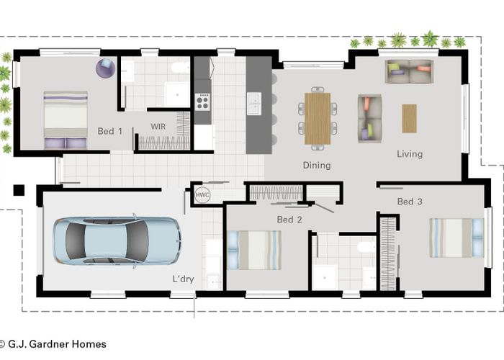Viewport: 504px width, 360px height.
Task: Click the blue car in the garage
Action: [x=116, y=240]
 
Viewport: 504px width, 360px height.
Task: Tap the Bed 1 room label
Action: [x=109, y=132]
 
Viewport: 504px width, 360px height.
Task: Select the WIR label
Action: [x=158, y=126]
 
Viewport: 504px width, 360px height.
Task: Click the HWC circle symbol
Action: [x=202, y=194]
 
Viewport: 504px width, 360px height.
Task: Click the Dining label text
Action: [x=316, y=165]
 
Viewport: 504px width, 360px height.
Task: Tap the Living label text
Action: [x=410, y=153]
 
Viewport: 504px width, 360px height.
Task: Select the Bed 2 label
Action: [x=289, y=219]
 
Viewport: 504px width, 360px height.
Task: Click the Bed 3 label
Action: [x=410, y=202]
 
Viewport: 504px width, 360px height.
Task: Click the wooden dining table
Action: [x=318, y=118]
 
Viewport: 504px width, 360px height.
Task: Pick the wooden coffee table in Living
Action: [x=409, y=118]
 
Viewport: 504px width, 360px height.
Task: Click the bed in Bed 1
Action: [x=66, y=120]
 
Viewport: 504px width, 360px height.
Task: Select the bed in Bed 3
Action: [x=456, y=237]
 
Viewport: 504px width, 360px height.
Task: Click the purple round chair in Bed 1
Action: [x=105, y=68]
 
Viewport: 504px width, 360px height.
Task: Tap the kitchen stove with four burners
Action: [x=202, y=102]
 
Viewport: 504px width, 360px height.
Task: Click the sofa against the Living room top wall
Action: [x=408, y=71]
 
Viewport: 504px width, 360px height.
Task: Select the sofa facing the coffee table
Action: [x=369, y=118]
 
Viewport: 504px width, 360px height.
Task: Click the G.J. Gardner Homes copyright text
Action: [x=53, y=344]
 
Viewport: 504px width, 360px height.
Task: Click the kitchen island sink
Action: [x=254, y=104]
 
